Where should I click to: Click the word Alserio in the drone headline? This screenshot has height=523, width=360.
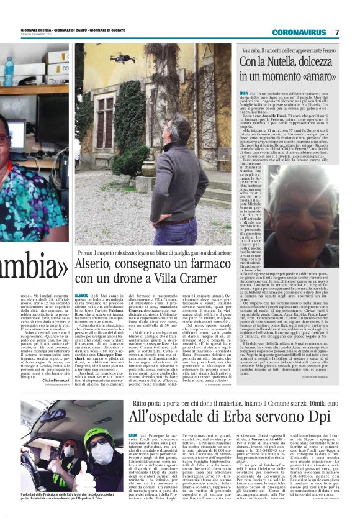click(96, 263)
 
